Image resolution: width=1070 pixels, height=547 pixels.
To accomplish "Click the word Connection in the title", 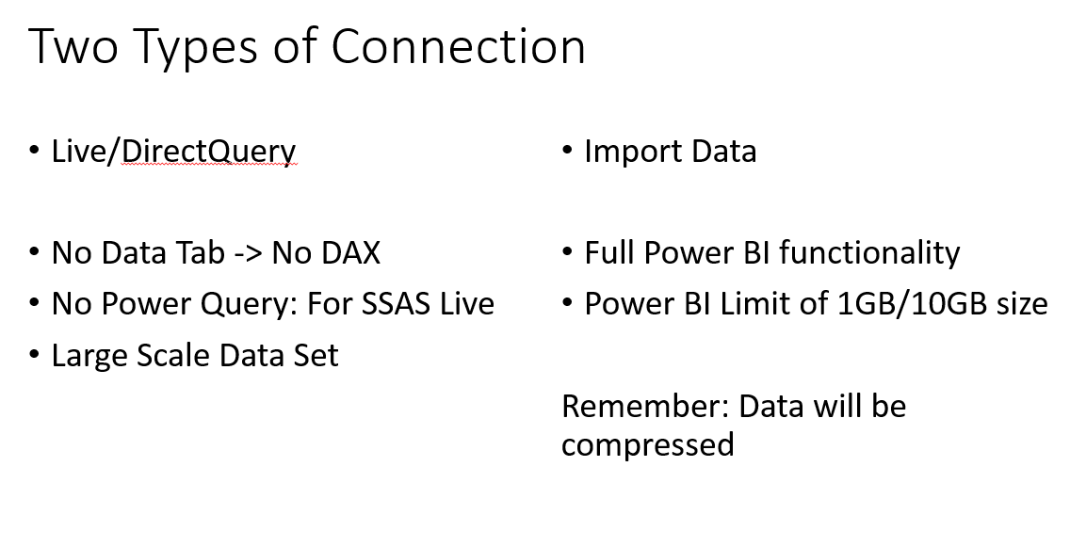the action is [458, 46].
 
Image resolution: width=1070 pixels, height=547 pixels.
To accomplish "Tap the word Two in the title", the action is [73, 46].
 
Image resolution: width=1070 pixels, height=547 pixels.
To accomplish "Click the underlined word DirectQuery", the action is [209, 153].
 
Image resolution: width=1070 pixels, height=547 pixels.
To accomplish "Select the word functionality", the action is [869, 253].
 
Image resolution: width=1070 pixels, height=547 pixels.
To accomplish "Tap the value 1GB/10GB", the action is [912, 303].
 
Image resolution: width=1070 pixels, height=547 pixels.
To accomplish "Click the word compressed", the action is [648, 445].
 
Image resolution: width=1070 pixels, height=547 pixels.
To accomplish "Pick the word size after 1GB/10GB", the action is [1022, 303].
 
